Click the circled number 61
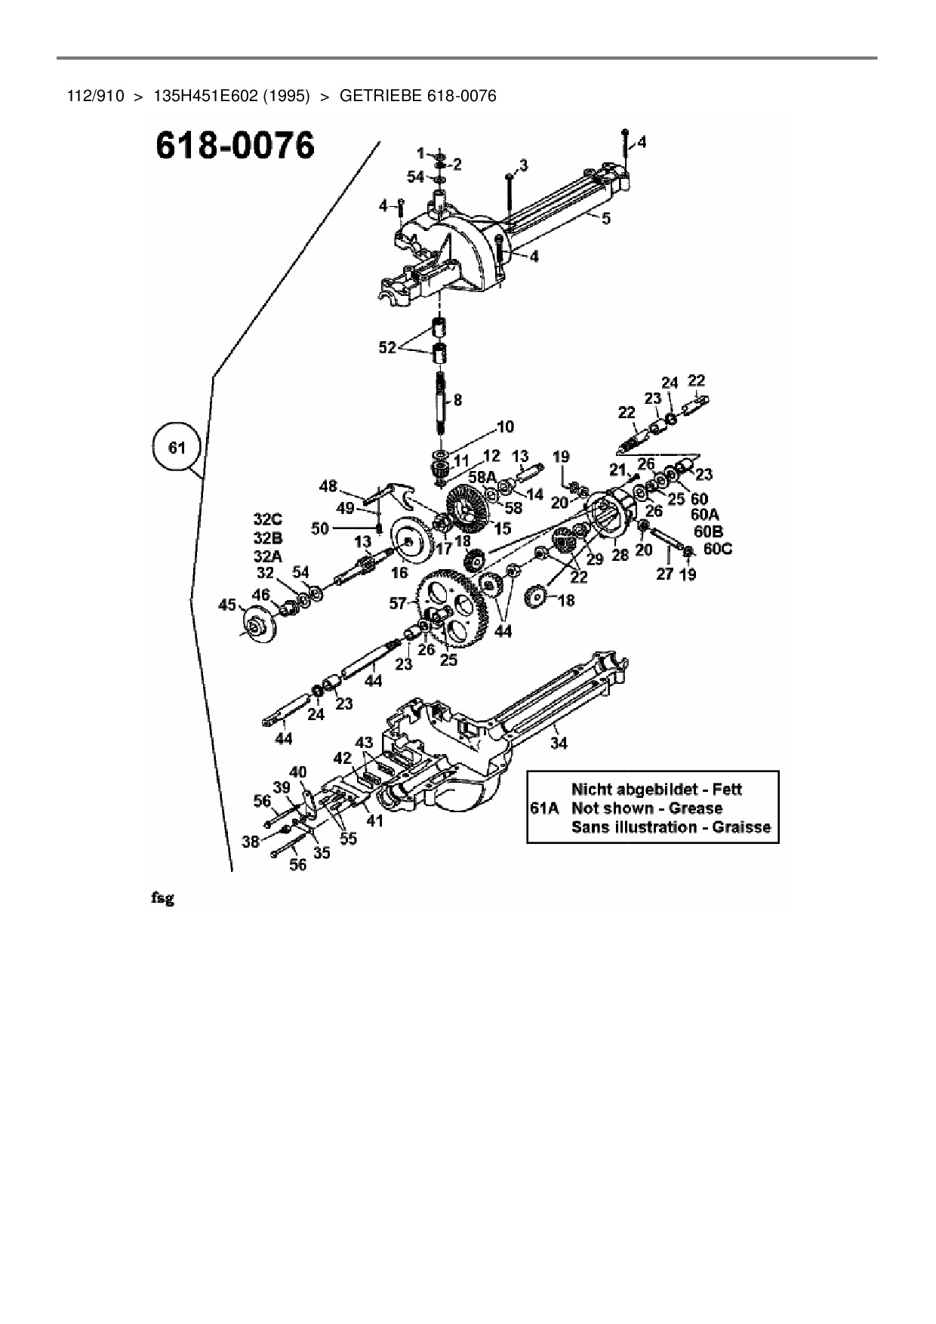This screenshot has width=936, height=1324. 177,448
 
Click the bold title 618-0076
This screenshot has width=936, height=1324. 234,146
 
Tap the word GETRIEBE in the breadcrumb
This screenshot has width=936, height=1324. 380,96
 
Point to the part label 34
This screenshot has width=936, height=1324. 559,743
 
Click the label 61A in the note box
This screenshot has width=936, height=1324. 544,808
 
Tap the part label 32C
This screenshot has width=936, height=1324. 267,520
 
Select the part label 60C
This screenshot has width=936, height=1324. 717,549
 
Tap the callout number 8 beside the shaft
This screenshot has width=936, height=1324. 457,401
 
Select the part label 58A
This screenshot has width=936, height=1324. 482,477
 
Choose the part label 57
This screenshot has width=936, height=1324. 398,603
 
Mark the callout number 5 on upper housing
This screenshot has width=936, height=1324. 605,218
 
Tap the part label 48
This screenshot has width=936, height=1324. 328,487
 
